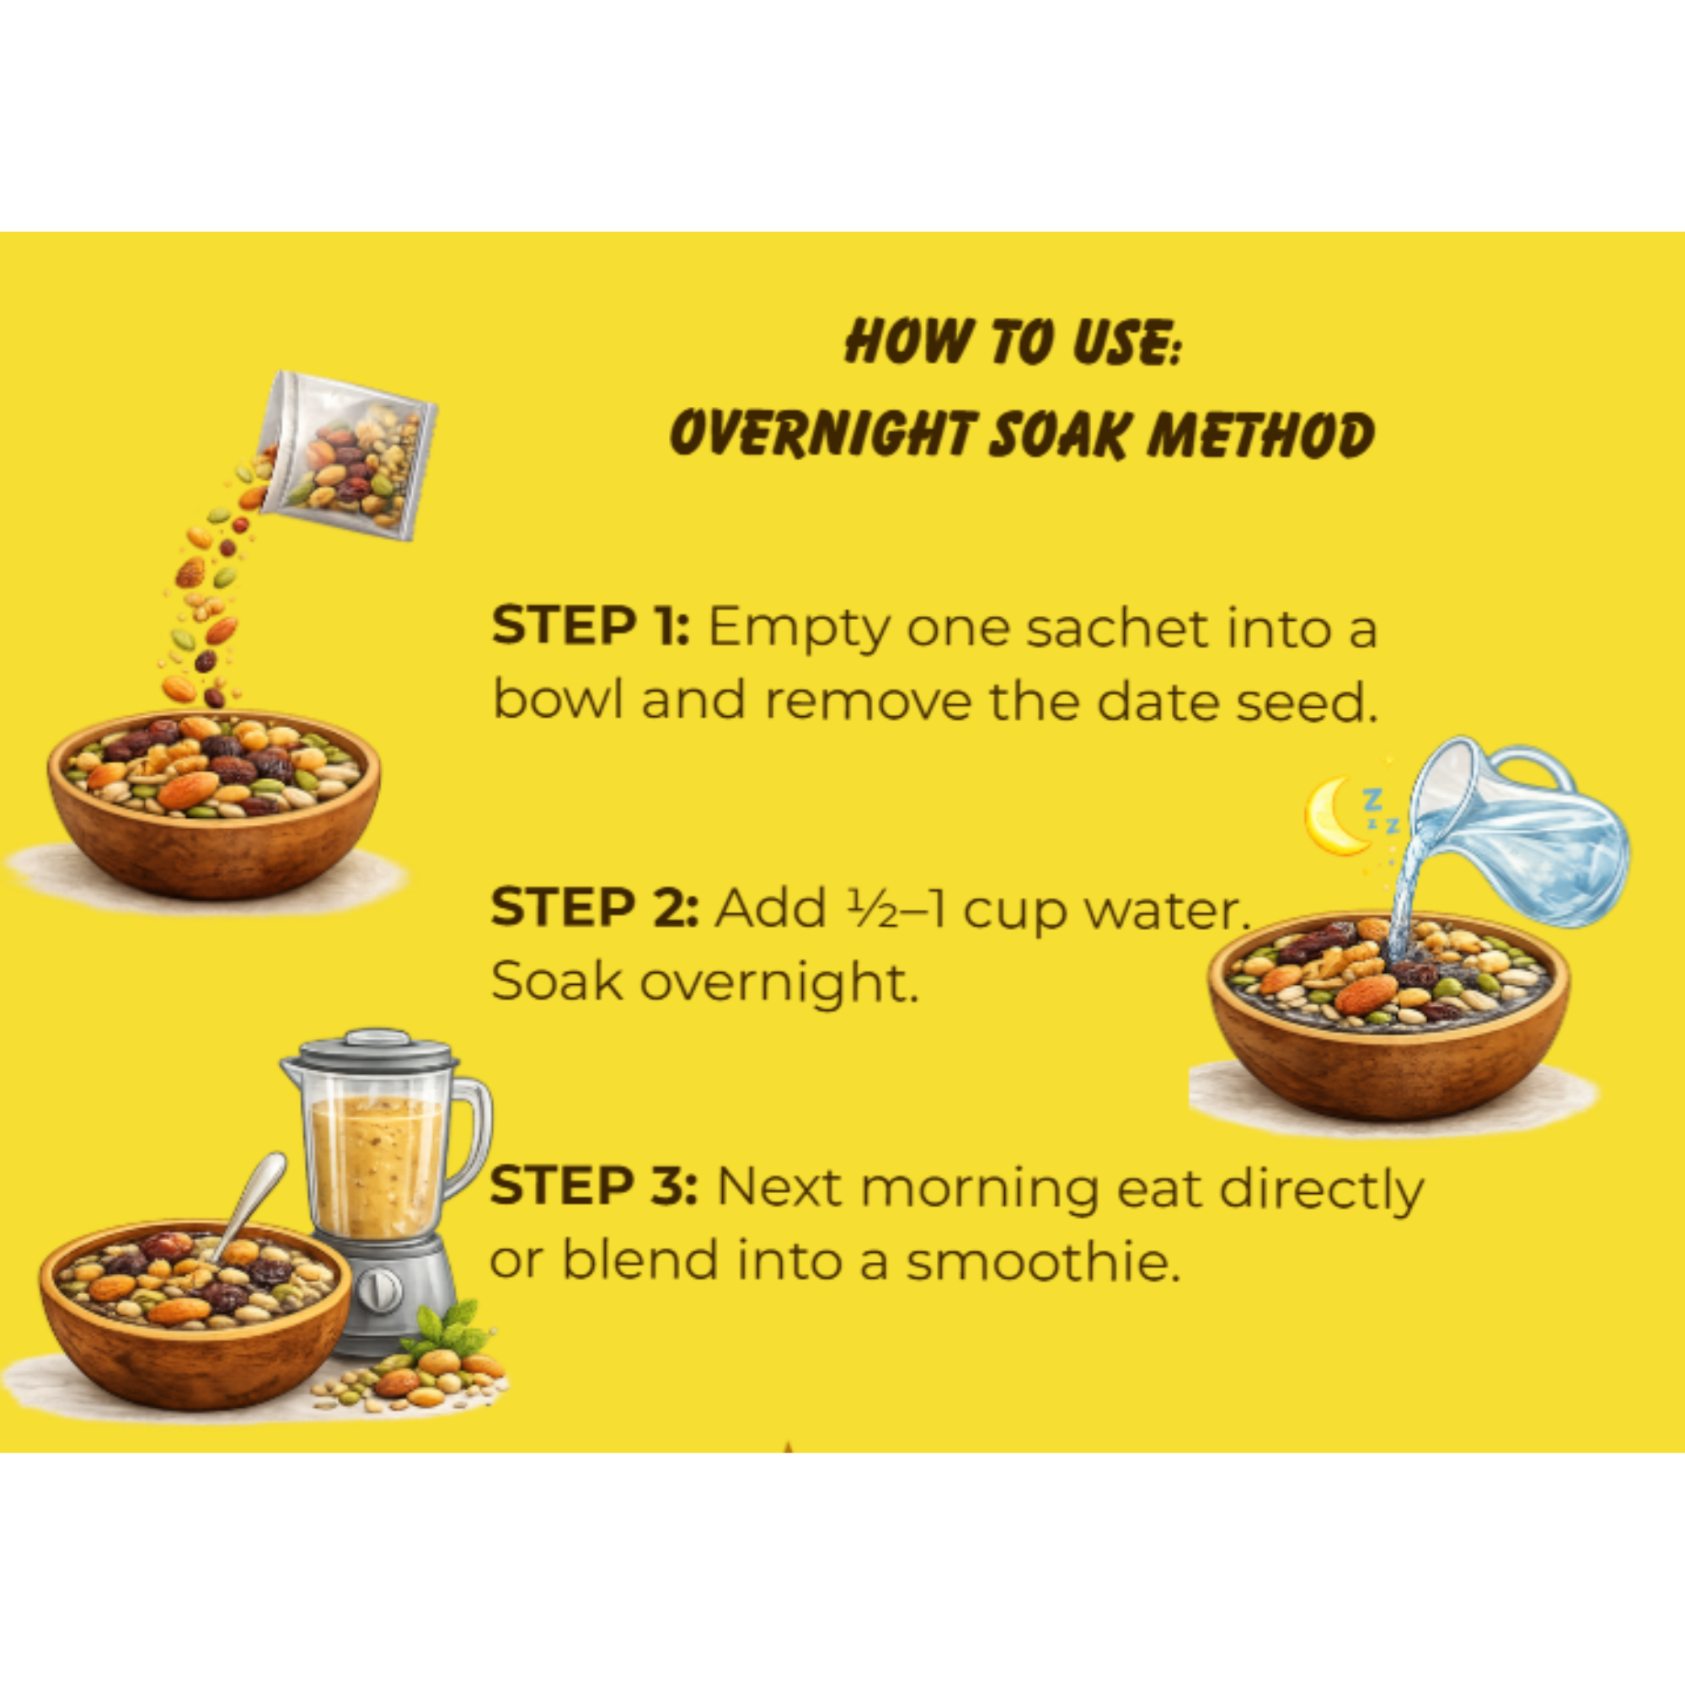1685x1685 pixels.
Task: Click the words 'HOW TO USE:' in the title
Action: (x=1012, y=341)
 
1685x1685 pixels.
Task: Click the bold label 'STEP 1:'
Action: (x=591, y=626)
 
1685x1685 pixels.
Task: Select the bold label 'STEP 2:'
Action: (x=594, y=908)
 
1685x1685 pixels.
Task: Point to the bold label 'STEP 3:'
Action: (x=593, y=1187)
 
